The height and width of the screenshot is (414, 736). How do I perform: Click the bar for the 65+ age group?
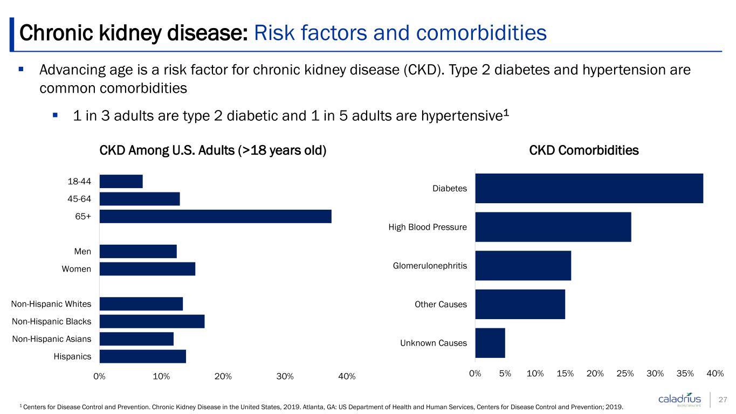pyautogui.click(x=216, y=216)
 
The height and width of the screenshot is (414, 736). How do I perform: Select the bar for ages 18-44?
pyautogui.click(x=121, y=181)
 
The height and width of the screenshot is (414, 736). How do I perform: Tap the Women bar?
pyautogui.click(x=148, y=269)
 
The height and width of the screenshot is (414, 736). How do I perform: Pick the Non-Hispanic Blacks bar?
pyautogui.click(x=152, y=321)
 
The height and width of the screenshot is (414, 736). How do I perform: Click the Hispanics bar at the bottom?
pyautogui.click(x=143, y=356)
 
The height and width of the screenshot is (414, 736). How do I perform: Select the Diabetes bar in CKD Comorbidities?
pyautogui.click(x=589, y=188)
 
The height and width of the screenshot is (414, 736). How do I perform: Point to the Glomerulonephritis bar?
pyautogui.click(x=523, y=265)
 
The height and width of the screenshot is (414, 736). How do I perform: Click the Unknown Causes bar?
pyautogui.click(x=490, y=343)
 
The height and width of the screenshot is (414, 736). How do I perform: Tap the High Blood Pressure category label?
pyautogui.click(x=428, y=227)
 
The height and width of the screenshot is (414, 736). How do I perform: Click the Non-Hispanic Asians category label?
pyautogui.click(x=52, y=339)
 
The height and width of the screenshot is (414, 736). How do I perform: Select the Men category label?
pyautogui.click(x=82, y=251)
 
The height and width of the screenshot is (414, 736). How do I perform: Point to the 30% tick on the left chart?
pyautogui.click(x=285, y=376)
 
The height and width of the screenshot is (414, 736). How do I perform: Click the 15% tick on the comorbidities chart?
pyautogui.click(x=565, y=374)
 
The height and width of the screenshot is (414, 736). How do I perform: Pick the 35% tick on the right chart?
pyautogui.click(x=685, y=374)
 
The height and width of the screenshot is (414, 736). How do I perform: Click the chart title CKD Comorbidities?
pyautogui.click(x=584, y=150)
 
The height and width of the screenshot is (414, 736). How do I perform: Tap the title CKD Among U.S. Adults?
pyautogui.click(x=213, y=150)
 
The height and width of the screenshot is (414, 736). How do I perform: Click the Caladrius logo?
pyautogui.click(x=679, y=399)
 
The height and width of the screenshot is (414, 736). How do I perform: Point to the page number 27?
pyautogui.click(x=723, y=399)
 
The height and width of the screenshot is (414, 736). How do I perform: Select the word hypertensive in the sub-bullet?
pyautogui.click(x=462, y=116)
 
